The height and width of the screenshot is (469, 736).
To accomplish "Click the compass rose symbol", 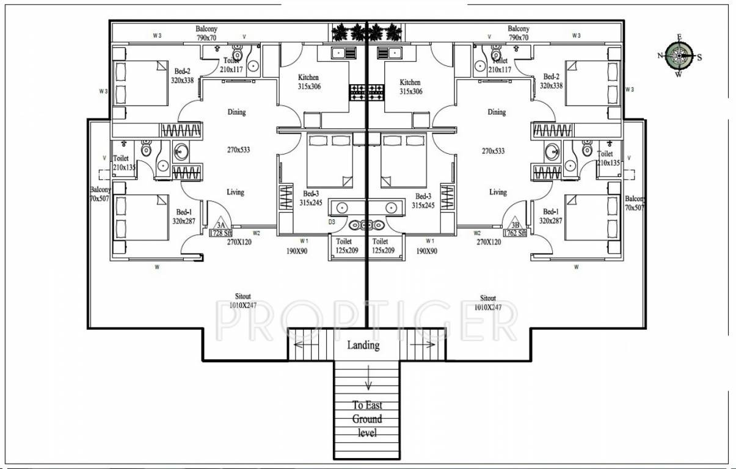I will pyautogui.click(x=679, y=56).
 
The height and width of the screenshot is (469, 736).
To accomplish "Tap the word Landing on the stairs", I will pyautogui.click(x=363, y=345).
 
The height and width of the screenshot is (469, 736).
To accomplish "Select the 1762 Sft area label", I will pyautogui.click(x=515, y=233).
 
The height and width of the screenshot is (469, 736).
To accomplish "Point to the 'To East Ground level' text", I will pyautogui.click(x=367, y=419).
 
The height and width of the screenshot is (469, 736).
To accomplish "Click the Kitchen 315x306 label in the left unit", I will pyautogui.click(x=308, y=82).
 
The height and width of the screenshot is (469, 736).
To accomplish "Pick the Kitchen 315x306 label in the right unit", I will pyautogui.click(x=410, y=87).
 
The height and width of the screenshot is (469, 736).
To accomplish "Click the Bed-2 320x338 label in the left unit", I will pyautogui.click(x=182, y=75).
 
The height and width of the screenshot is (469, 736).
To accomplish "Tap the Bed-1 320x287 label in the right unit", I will pyautogui.click(x=551, y=216).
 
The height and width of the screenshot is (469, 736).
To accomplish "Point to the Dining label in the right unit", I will pyautogui.click(x=497, y=112).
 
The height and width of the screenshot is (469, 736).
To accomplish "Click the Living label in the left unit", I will pyautogui.click(x=235, y=192).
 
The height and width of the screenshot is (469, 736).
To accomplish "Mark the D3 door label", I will pyautogui.click(x=332, y=222).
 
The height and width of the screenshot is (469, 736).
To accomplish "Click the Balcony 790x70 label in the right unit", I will pyautogui.click(x=518, y=33).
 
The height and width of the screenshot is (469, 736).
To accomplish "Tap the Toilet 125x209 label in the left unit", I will pyautogui.click(x=346, y=246).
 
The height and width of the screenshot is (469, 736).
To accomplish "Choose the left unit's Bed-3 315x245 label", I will pyautogui.click(x=310, y=198).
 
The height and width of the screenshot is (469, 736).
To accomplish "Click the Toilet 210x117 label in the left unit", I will pyautogui.click(x=231, y=65).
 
